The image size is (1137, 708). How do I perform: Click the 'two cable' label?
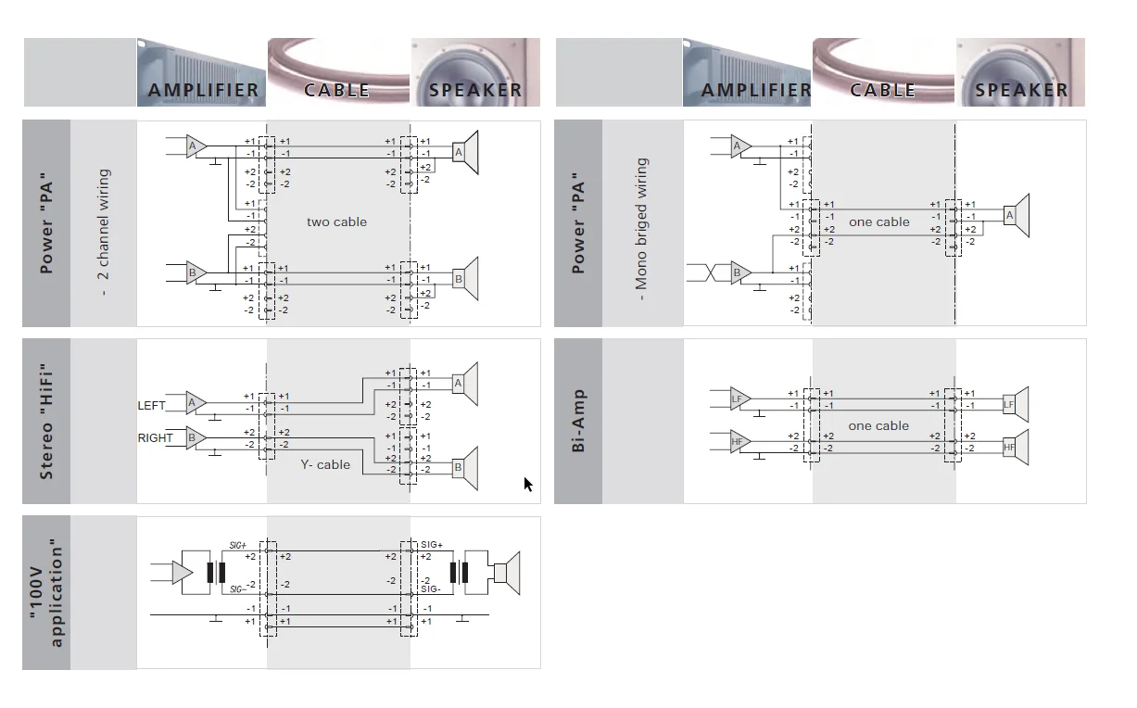336,222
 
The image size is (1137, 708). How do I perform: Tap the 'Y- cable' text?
325,465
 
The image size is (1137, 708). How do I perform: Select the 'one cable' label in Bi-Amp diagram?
878,426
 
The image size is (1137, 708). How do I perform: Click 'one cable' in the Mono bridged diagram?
878,222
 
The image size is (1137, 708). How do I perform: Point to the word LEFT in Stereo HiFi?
152,406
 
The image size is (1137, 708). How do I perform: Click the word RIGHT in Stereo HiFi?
156,438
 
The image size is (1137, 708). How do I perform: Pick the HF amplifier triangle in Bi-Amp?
739,442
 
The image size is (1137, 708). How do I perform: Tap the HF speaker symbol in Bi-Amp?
1016,447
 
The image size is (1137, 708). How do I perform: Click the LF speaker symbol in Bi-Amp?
1016,404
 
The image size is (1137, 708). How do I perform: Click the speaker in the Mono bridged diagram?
1017,216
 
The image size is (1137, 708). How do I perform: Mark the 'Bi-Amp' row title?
578,421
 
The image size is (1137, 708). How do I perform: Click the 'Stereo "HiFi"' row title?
46,421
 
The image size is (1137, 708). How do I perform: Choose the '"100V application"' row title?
46,593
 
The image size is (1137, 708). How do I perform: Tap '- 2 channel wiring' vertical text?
104,232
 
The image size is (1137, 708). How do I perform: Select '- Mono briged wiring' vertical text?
641,222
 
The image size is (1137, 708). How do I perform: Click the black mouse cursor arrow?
528,484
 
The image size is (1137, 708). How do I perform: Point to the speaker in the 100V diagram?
505,573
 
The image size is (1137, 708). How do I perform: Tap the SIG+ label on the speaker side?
432,545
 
